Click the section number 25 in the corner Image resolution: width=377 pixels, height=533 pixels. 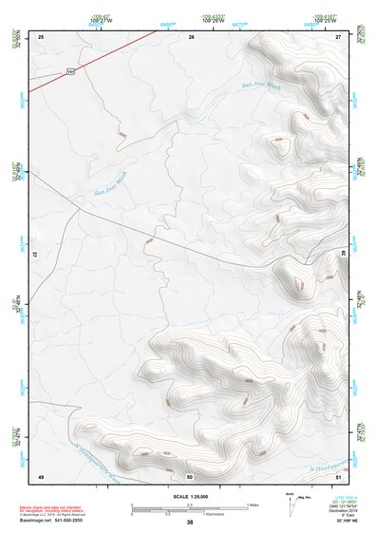41,36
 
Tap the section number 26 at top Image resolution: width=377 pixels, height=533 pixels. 191,36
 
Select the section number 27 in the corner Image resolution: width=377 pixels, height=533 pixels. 339,36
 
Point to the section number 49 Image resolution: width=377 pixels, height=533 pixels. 41,474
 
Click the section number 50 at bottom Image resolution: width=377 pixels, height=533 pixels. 190,475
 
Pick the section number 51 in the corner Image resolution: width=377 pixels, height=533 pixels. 339,474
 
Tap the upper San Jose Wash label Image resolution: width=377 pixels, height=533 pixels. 260,86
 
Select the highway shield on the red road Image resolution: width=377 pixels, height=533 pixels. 71,70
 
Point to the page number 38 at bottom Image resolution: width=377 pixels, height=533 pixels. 190,523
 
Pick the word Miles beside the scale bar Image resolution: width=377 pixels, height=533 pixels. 252,504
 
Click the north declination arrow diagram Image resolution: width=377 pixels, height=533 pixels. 289,503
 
